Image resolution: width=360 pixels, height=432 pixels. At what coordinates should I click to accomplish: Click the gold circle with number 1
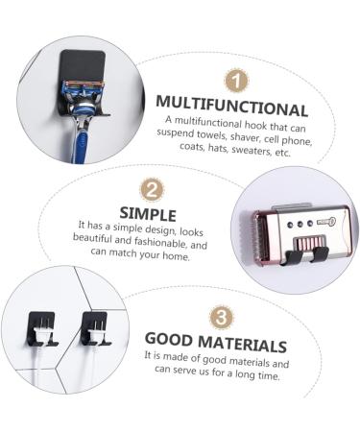(237, 80)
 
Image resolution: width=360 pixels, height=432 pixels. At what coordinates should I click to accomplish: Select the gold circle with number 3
(219, 317)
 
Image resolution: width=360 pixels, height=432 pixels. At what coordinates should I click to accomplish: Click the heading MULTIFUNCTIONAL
(231, 108)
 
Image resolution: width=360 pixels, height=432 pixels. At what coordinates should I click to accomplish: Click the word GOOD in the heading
(170, 342)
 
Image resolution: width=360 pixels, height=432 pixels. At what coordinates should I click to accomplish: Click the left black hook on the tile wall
(42, 326)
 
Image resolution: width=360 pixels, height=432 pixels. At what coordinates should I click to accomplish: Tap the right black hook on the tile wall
(96, 326)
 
